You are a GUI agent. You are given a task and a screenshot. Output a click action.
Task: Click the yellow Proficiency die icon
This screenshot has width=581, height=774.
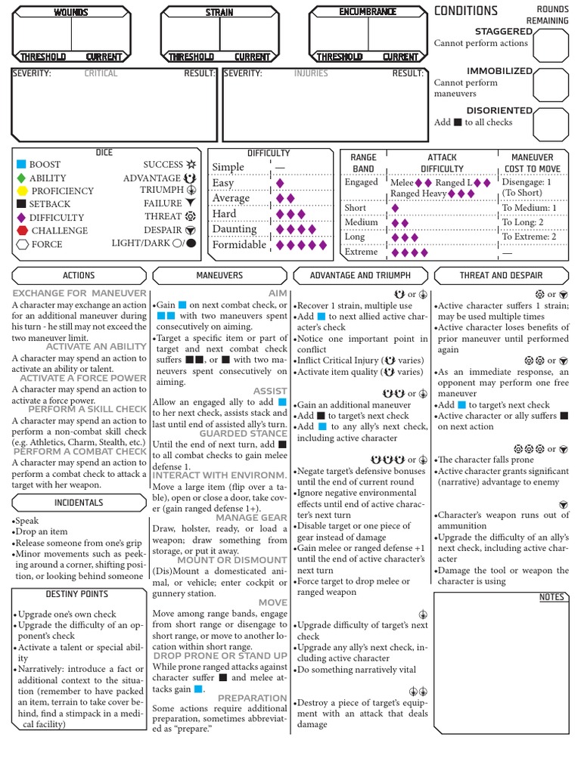tap(22, 191)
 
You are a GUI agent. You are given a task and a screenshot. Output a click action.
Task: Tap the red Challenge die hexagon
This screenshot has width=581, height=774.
tap(22, 231)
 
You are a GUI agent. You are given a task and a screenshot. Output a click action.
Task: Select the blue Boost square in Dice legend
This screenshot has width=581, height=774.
tap(21, 164)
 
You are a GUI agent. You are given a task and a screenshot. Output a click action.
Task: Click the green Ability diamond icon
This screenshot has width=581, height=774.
tap(21, 178)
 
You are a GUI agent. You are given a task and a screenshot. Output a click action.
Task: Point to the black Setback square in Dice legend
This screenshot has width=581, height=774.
tap(21, 204)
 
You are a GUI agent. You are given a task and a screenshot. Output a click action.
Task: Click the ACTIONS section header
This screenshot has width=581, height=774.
tap(79, 276)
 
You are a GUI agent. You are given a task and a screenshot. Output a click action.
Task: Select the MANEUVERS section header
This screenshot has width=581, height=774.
tap(219, 276)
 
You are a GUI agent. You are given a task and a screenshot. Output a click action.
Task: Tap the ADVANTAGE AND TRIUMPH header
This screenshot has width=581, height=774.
tap(361, 276)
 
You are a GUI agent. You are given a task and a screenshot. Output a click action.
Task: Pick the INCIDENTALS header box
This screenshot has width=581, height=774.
tap(79, 503)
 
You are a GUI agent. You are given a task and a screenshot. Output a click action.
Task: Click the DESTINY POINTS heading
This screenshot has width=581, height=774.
tap(77, 594)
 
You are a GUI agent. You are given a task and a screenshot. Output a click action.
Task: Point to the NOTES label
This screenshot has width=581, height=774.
tap(551, 597)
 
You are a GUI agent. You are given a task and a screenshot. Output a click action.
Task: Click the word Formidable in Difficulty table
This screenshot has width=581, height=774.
tap(239, 245)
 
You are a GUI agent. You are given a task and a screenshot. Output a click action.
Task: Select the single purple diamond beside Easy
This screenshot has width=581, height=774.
tap(280, 183)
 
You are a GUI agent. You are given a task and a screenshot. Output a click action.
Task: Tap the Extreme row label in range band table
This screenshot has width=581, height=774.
tap(361, 252)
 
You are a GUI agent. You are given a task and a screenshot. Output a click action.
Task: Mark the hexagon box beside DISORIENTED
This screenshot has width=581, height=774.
tap(551, 124)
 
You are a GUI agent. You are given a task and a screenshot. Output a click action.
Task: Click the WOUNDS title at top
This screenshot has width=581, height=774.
tap(71, 13)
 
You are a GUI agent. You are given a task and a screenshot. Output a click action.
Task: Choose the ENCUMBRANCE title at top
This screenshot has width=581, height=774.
tap(368, 13)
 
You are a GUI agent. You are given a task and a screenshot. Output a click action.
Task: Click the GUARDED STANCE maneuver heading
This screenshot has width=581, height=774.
tap(243, 434)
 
